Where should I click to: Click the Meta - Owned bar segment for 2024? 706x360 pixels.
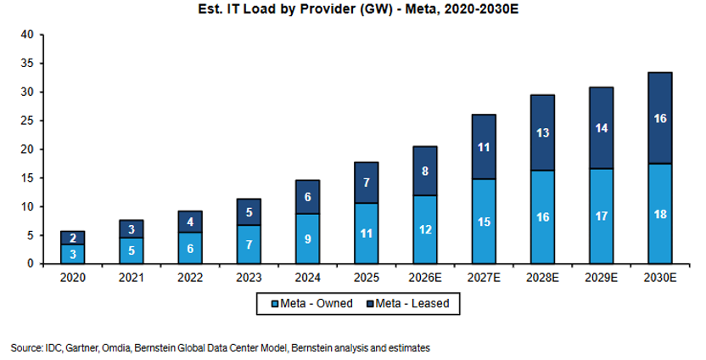307,239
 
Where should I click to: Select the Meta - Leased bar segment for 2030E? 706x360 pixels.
660,118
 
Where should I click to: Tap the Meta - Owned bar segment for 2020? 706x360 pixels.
72,254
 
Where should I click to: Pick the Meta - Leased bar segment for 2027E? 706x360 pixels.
484,147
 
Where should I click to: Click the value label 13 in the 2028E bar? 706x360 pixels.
542,133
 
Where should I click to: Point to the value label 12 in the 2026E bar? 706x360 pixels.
425,229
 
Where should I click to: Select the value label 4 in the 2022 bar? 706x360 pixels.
190,222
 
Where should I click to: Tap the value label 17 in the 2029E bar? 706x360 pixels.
602,217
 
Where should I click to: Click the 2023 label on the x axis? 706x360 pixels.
249,278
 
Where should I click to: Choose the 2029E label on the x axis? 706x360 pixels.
601,278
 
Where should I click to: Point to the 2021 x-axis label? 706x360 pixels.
131,278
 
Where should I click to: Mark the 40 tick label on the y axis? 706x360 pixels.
27,35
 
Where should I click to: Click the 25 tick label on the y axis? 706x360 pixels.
27,121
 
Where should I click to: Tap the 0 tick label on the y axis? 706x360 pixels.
31,263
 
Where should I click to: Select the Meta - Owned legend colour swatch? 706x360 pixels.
275,304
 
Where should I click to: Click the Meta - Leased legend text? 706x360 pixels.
412,304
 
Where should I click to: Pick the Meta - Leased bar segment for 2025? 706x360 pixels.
367,183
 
